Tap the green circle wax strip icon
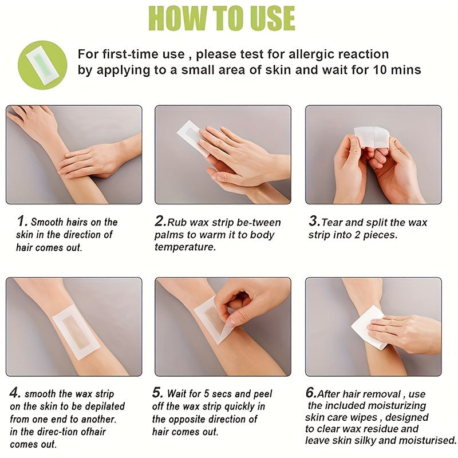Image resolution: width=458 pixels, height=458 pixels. click(39, 62)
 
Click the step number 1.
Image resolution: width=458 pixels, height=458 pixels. click(22, 220)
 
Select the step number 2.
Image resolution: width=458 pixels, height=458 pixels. click(160, 221)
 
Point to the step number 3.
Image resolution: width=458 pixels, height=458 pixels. click(314, 221)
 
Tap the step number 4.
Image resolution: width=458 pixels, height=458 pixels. click(15, 393)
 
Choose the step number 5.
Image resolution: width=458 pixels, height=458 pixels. click(157, 393)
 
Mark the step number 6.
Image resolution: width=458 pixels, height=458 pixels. click(310, 393)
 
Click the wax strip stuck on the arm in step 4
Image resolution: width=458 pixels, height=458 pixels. click(76, 331)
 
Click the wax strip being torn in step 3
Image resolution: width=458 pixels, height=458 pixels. click(372, 136)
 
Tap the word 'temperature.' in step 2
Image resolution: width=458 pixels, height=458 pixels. click(185, 247)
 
